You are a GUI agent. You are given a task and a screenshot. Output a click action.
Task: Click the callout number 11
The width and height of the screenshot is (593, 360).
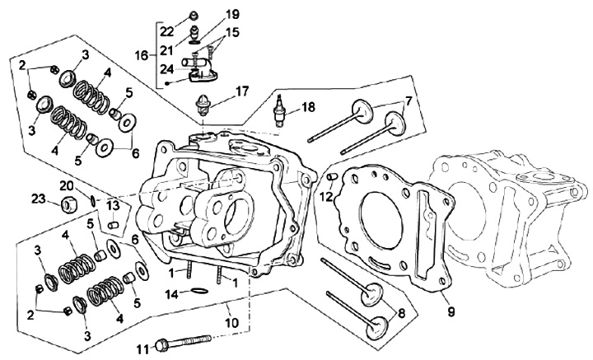(x=142, y=346)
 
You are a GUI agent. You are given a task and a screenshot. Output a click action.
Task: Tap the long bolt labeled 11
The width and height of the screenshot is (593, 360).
(x=185, y=342)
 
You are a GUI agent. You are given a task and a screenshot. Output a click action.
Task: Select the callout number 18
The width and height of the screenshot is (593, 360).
(x=307, y=107)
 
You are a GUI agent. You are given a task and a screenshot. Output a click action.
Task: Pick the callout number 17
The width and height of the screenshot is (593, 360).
(x=242, y=91)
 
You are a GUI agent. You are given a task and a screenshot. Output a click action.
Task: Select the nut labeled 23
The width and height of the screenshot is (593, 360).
(x=68, y=202)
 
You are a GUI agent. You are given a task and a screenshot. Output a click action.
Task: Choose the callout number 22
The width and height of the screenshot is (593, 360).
(x=166, y=31)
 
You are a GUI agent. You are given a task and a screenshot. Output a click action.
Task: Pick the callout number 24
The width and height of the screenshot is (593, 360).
(x=167, y=69)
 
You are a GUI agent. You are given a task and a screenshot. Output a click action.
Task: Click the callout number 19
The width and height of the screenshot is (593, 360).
(x=232, y=14)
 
